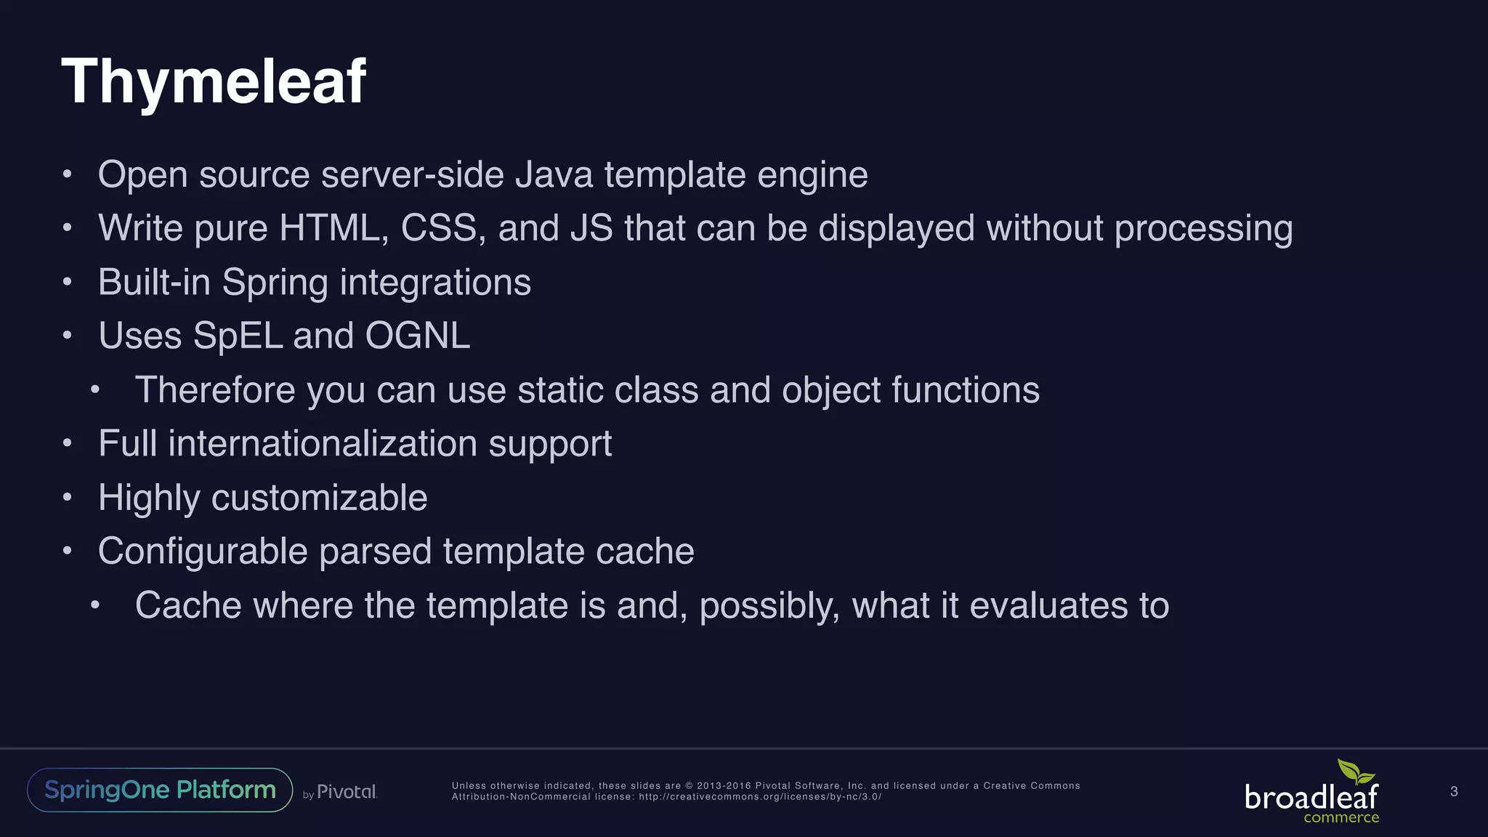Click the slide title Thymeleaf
pos(214,81)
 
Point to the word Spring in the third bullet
pos(275,283)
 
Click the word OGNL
pos(417,336)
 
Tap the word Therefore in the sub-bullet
pos(214,390)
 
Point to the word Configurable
pos(203,551)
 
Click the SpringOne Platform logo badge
pos(160,790)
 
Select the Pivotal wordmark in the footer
pos(347,792)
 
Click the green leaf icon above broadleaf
pos(1355,772)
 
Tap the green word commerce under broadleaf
pos(1341,818)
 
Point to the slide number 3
pos(1454,791)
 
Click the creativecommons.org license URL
pos(760,797)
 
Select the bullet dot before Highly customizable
pos(68,498)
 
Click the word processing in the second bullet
pos(1203,228)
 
